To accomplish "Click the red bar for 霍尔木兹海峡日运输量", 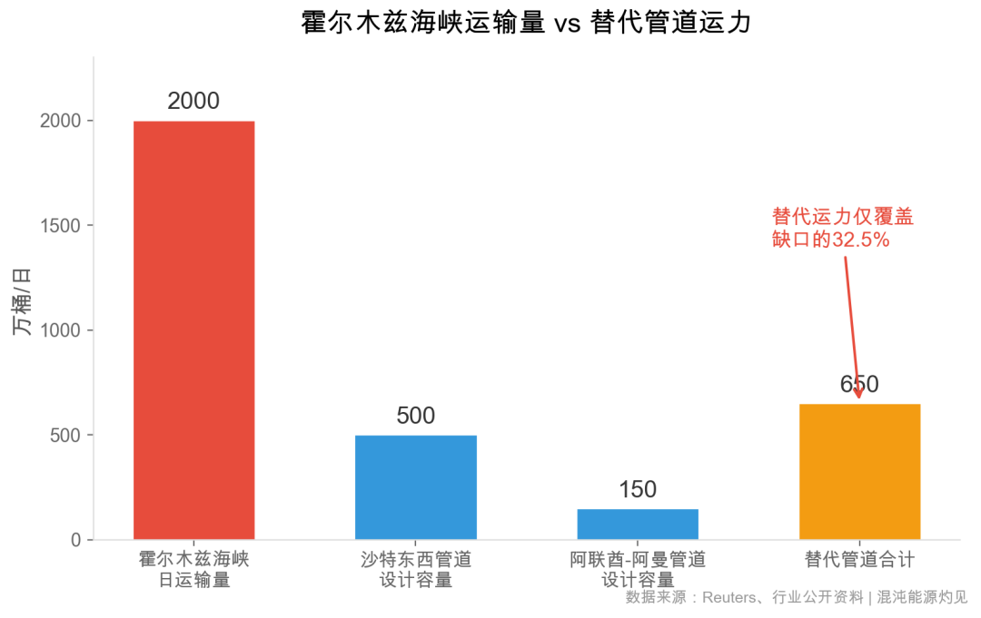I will [193, 330].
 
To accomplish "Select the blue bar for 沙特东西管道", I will [416, 487].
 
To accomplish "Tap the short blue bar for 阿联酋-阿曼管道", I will [638, 524].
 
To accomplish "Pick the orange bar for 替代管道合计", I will [859, 472].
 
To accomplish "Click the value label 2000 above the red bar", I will [193, 101].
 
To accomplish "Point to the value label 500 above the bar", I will [416, 416].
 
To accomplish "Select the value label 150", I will [638, 490].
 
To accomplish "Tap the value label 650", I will [859, 385].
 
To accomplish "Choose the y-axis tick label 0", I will [76, 541].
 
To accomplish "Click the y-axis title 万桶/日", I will [22, 302].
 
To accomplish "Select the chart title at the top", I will [526, 23].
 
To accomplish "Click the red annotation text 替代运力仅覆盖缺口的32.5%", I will [842, 228].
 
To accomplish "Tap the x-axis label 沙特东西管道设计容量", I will [416, 569].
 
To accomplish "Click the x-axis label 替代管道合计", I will [859, 559].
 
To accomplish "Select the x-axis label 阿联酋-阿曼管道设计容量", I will [638, 569].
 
